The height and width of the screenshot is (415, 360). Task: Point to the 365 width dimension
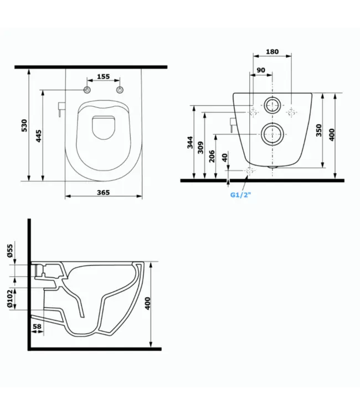[x=104, y=193]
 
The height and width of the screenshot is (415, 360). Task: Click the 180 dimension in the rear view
[x=272, y=52]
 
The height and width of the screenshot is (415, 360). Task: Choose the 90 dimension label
[x=261, y=70]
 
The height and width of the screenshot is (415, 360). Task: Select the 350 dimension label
[x=318, y=130]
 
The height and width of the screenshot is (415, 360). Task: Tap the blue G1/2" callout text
[x=240, y=194]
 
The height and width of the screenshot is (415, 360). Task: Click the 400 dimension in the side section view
[x=148, y=303]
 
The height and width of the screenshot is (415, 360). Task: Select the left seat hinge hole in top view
[x=86, y=90]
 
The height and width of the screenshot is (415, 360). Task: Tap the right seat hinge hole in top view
[x=119, y=90]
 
